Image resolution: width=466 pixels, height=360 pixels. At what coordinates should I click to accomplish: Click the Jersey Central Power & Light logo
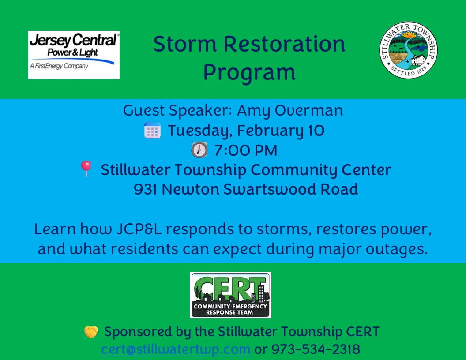click(74, 55)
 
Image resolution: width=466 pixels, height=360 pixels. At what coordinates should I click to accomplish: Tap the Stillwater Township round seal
click(408, 50)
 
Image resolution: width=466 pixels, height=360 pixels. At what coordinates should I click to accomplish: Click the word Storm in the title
click(185, 44)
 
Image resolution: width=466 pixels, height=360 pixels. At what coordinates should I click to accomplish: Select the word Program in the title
click(249, 72)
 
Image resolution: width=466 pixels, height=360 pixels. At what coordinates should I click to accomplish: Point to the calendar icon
click(152, 131)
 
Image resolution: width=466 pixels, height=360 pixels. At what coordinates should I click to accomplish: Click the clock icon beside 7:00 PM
click(199, 150)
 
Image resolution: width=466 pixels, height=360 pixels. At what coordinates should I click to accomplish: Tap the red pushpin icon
click(86, 169)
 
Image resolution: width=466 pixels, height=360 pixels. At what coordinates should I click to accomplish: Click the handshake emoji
click(91, 332)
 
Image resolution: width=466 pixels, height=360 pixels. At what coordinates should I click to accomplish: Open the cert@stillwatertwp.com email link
click(176, 349)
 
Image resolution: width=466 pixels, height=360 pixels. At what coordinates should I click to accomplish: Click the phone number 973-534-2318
click(316, 349)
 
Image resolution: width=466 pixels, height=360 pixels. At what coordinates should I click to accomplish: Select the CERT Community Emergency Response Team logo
click(230, 295)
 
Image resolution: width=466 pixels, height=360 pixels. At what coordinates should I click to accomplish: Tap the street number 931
click(145, 189)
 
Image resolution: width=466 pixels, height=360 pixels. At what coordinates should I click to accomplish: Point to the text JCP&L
click(139, 229)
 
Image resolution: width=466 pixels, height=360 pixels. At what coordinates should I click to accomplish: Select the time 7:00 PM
click(246, 150)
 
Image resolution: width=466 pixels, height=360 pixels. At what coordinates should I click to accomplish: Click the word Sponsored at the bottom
click(138, 332)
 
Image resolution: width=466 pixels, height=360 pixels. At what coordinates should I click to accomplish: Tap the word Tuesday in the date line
click(200, 131)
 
